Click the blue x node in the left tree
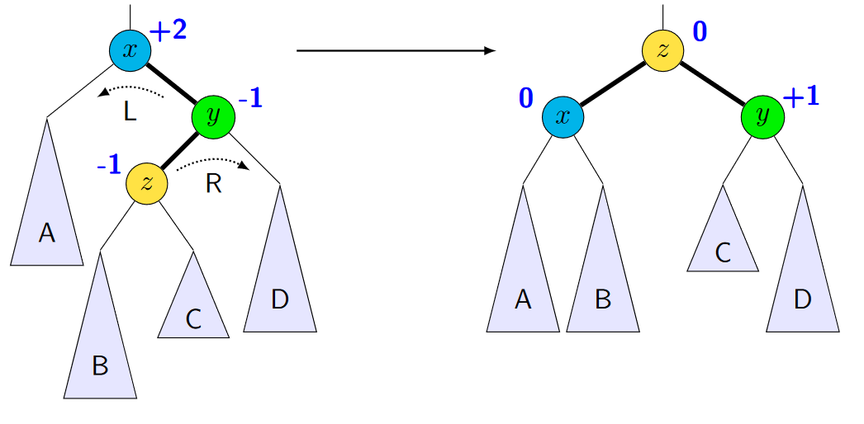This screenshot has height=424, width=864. click(131, 50)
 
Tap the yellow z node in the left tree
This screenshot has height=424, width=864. click(147, 183)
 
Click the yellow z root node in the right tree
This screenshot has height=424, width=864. click(663, 50)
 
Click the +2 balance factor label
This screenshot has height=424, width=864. click(169, 31)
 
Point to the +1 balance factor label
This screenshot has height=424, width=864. click(800, 97)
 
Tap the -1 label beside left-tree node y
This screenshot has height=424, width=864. click(250, 100)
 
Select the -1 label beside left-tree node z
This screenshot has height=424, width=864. click(109, 165)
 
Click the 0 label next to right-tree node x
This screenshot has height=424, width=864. click(526, 99)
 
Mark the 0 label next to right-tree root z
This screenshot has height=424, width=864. click(700, 33)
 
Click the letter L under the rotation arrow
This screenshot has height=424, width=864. click(131, 112)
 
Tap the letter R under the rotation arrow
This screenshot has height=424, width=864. click(213, 183)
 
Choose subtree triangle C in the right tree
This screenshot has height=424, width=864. click(723, 243)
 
